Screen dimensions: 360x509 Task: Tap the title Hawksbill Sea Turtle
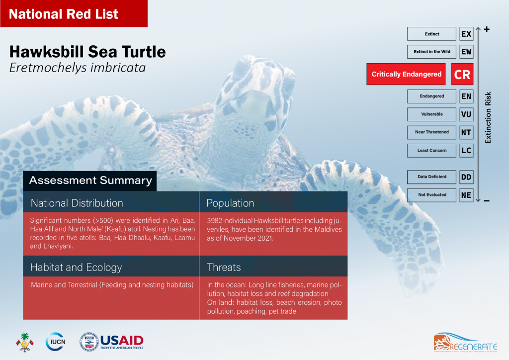(x=87, y=51)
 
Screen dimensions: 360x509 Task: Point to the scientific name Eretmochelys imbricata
(x=78, y=67)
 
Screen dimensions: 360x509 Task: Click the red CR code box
(x=462, y=74)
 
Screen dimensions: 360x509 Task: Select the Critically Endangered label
(x=407, y=74)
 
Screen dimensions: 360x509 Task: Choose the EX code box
(x=466, y=34)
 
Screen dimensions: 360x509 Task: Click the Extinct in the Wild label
(x=431, y=52)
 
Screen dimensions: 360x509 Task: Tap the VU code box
(x=466, y=114)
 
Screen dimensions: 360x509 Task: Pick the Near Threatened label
(x=431, y=132)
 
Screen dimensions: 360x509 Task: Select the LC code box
(x=466, y=150)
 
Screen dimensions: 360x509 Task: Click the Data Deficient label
(x=431, y=177)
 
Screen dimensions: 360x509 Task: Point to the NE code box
(x=466, y=195)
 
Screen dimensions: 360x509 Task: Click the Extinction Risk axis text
(x=488, y=117)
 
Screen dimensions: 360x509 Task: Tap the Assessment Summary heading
(x=90, y=180)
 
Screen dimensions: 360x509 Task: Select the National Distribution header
(x=77, y=203)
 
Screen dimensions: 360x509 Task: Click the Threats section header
(x=224, y=268)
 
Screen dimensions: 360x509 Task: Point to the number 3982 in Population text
(x=215, y=219)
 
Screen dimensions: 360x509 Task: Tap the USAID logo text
(x=122, y=340)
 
